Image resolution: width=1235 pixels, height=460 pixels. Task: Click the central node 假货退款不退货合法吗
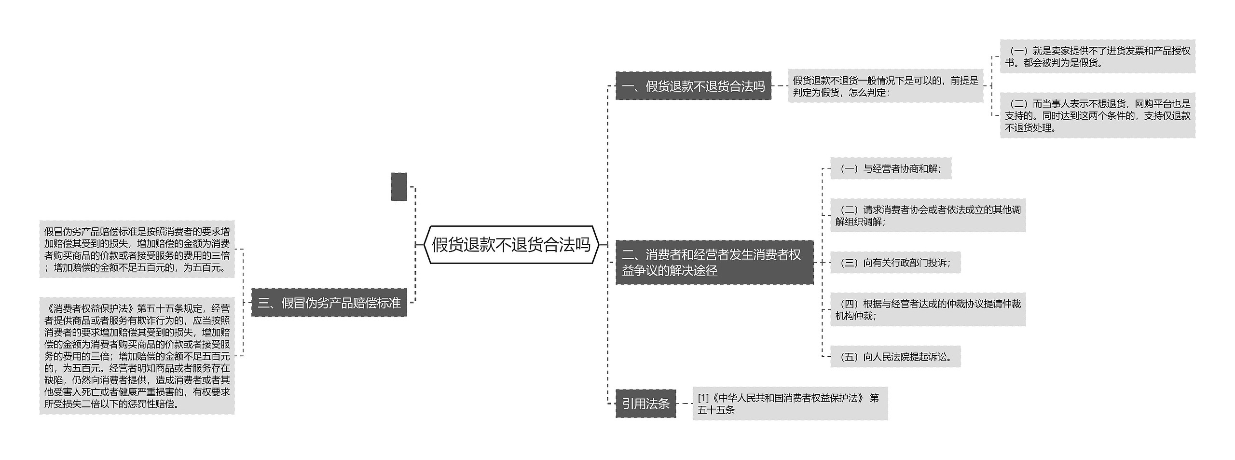(511, 245)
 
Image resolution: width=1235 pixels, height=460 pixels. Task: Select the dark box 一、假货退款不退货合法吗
(693, 86)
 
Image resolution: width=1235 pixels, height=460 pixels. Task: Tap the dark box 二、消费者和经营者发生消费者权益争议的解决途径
(714, 263)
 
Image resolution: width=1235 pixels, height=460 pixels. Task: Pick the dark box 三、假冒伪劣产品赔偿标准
(329, 303)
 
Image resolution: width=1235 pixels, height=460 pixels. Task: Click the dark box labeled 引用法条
(645, 404)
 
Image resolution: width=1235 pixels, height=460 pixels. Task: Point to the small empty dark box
(398, 187)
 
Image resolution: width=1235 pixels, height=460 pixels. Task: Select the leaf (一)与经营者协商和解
(890, 168)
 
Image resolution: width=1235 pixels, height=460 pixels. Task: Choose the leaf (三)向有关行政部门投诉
(895, 263)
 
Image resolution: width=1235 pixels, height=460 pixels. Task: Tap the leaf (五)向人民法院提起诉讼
(895, 357)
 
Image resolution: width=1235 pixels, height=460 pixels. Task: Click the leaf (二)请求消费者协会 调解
(927, 215)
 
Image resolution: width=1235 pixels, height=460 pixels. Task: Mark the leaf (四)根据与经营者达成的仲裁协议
(927, 309)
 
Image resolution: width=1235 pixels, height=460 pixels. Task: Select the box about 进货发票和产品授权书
(1097, 56)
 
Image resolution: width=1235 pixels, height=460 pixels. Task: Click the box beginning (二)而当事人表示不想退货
(1097, 115)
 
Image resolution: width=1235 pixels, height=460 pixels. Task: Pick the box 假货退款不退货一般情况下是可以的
(885, 86)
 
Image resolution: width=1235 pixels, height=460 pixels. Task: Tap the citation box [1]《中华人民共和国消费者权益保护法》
(789, 404)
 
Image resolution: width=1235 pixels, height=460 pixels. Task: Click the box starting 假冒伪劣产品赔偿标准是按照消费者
(137, 249)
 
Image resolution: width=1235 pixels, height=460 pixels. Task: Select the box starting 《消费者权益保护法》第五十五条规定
(137, 356)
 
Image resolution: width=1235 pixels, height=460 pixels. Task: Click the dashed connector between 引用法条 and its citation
(684, 404)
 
